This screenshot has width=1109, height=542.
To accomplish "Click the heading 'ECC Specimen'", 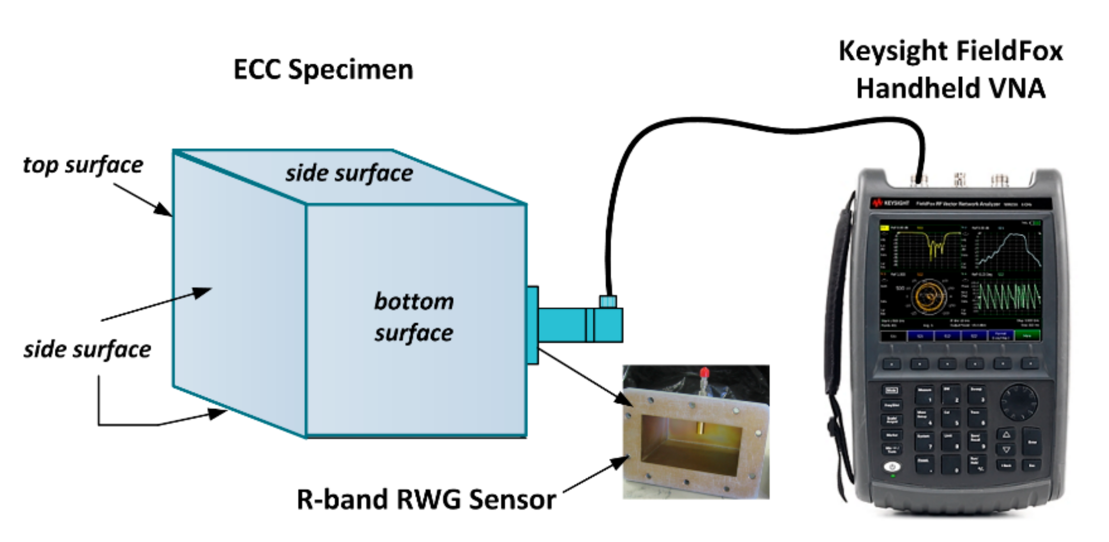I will point(323,70).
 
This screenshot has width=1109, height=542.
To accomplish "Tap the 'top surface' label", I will point(83,165).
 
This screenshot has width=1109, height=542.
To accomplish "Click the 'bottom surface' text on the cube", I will point(413,317).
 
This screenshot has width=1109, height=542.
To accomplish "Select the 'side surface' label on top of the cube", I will point(349,173).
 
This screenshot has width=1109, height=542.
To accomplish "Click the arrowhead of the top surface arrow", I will point(164,210).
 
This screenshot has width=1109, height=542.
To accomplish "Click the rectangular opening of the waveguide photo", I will point(690,443).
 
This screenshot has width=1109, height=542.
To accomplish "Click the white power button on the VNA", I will point(892,467).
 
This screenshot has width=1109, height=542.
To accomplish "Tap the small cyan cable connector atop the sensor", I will point(608,301).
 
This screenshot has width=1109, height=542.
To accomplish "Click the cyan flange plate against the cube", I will point(532,325).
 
